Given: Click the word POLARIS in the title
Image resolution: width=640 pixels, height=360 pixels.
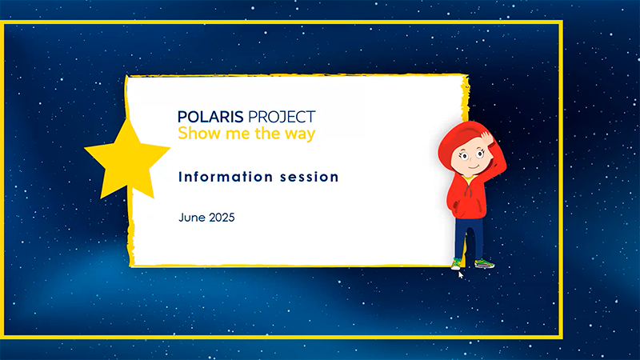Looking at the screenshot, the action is tap(210, 117).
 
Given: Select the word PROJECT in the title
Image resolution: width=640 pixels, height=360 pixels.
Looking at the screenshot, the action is tap(282, 117).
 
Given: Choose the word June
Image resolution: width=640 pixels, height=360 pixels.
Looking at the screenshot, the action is tap(192, 217).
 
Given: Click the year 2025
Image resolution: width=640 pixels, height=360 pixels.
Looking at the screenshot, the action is tap(222, 217).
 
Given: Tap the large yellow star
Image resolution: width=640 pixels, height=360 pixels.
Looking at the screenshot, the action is tap(127, 159).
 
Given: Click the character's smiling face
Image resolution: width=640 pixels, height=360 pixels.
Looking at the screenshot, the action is tap(470, 159).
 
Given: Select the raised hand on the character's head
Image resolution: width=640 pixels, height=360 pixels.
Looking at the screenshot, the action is tap(486, 137).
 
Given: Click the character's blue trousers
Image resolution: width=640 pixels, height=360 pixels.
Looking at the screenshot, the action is tap(470, 238).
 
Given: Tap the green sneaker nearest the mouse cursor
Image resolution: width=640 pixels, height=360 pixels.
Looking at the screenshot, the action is tap(456, 264).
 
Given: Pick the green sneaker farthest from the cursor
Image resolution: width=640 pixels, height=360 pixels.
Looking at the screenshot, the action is tap(485, 263).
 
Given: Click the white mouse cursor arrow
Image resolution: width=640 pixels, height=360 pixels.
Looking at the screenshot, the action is tap(461, 274).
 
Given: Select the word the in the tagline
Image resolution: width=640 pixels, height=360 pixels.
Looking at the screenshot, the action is tap(267, 133).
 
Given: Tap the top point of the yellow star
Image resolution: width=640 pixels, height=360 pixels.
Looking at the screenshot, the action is tap(129, 118).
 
